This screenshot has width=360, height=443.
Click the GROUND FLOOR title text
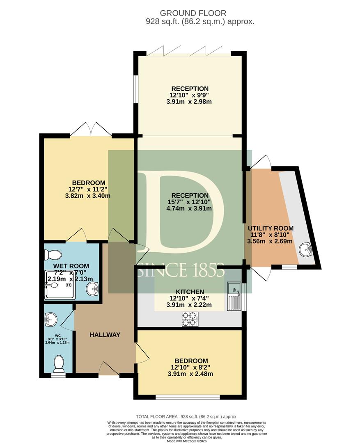pos(193,13)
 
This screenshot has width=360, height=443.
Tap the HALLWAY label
pos(105,335)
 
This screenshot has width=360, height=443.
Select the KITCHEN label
pos(190,292)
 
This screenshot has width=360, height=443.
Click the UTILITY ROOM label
pos(271,228)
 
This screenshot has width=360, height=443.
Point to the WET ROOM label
pos(71,266)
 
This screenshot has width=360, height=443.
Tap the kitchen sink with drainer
pos(234,296)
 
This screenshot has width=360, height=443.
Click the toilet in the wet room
pos(53,255)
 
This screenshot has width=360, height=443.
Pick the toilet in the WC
pos(59,364)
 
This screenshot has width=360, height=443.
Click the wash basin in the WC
pos(51,320)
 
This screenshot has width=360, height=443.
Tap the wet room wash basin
pos(92,289)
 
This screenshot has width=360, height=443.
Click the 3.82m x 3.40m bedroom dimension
pos(88,196)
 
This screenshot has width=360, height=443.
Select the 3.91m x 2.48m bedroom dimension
pos(190,374)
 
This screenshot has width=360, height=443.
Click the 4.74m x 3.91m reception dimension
pos(189,209)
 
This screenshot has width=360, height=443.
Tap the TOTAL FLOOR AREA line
pos(187,416)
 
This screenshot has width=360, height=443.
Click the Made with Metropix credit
pos(187,441)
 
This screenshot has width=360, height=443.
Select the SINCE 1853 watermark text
pos(181,270)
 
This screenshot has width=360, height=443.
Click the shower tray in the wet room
pos(60,285)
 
